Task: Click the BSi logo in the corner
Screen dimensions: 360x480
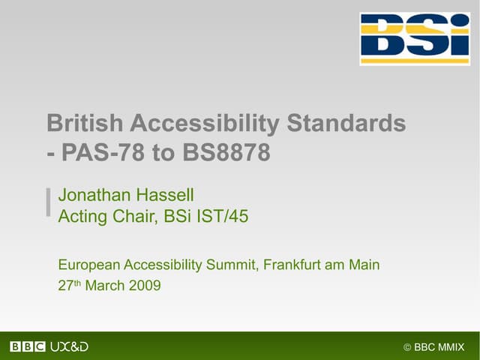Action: (415, 39)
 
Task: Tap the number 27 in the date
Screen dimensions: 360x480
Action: (64, 285)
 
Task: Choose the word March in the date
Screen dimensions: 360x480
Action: (106, 285)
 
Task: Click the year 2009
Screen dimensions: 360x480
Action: (145, 285)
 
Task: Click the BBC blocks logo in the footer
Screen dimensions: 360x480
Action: (28, 346)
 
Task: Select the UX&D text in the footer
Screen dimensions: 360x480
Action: (69, 346)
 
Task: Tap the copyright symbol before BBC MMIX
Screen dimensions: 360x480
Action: (407, 346)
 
